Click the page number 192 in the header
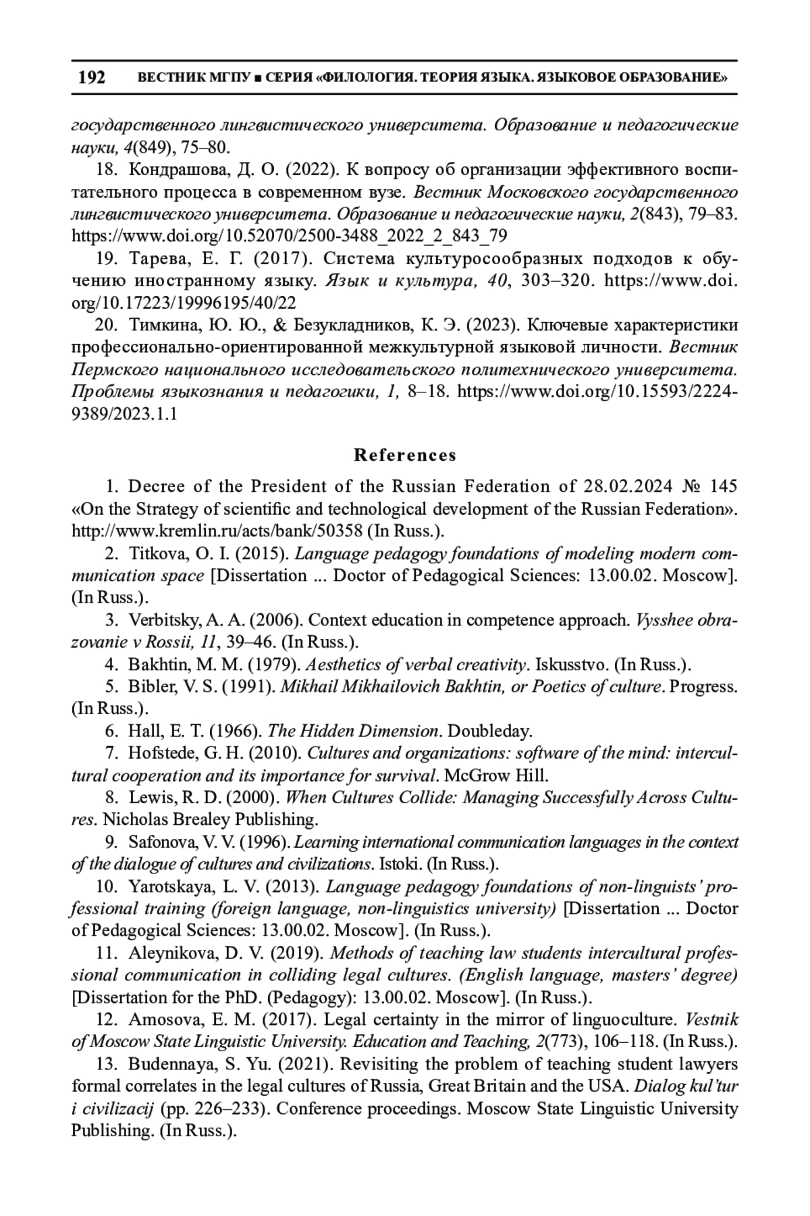pos(92,78)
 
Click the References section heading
pos(405,455)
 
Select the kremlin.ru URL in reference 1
pos(218,531)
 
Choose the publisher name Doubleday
pos(491,731)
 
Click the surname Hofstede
pos(159,753)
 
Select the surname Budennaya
pos(168,1064)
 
